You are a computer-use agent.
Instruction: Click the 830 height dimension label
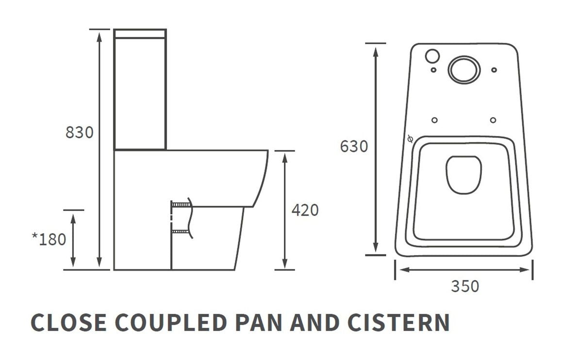[x=79, y=132]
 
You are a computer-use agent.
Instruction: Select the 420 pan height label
[x=305, y=210]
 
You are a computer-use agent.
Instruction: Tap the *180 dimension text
[x=49, y=239]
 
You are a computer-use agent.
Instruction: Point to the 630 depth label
[x=354, y=146]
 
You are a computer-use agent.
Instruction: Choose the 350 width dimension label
[x=464, y=286]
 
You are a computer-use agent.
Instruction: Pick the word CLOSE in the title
[x=69, y=323]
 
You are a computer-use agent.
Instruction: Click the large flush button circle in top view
[x=464, y=69]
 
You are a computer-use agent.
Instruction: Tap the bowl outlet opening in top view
[x=463, y=174]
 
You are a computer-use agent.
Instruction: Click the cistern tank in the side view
[x=140, y=92]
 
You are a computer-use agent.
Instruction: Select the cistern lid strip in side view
[x=140, y=33]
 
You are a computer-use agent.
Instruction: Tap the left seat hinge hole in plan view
[x=434, y=120]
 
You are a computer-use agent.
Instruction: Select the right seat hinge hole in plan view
[x=493, y=120]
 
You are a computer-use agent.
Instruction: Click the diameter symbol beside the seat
[x=410, y=139]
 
